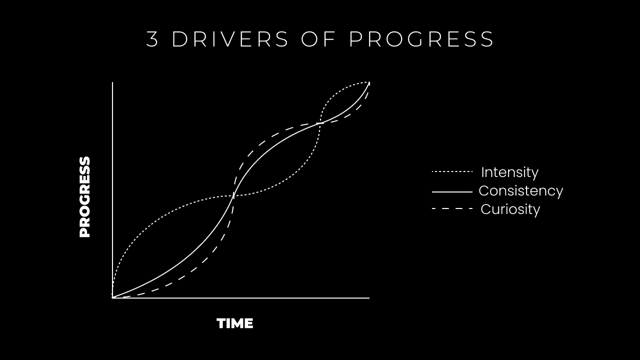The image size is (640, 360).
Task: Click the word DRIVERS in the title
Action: click(x=230, y=39)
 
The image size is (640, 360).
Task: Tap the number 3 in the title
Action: click(x=152, y=39)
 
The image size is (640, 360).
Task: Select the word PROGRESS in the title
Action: click(x=421, y=39)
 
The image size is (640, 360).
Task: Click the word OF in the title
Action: click(x=318, y=39)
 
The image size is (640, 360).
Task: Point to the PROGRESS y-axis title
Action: click(x=85, y=197)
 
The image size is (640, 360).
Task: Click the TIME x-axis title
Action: click(x=235, y=323)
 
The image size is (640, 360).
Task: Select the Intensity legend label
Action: click(x=509, y=172)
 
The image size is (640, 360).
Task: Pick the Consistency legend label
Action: click(x=520, y=190)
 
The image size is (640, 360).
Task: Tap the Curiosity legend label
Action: click(x=510, y=209)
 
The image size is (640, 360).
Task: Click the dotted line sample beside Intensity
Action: click(x=452, y=172)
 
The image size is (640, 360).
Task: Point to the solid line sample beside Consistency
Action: click(x=452, y=191)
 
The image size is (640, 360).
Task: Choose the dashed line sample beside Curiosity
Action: click(x=452, y=208)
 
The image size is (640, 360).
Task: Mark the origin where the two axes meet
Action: click(x=112, y=298)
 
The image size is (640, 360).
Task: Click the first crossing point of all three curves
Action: click(x=233, y=195)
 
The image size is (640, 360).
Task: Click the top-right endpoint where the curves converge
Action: click(x=369, y=82)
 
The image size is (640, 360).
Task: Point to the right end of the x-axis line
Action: click(x=369, y=298)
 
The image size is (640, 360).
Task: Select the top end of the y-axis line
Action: click(x=112, y=82)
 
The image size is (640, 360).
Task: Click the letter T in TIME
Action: click(x=221, y=323)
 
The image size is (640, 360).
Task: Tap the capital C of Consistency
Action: click(x=483, y=190)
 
